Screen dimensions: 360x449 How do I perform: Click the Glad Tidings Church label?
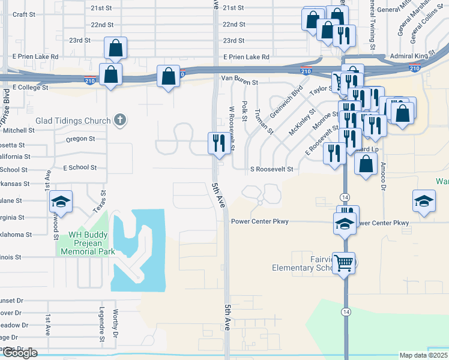[73, 121]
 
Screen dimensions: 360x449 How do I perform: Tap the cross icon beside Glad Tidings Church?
[119, 120]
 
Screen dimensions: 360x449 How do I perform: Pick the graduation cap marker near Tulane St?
[61, 202]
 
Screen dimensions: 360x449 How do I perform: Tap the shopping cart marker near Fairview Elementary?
[343, 262]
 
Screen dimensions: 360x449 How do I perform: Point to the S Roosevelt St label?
[271, 170]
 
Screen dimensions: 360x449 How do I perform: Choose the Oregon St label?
[80, 139]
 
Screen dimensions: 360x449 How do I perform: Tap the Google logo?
[20, 353]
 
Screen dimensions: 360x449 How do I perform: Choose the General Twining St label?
[373, 24]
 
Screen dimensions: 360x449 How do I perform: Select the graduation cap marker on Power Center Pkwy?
[345, 223]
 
